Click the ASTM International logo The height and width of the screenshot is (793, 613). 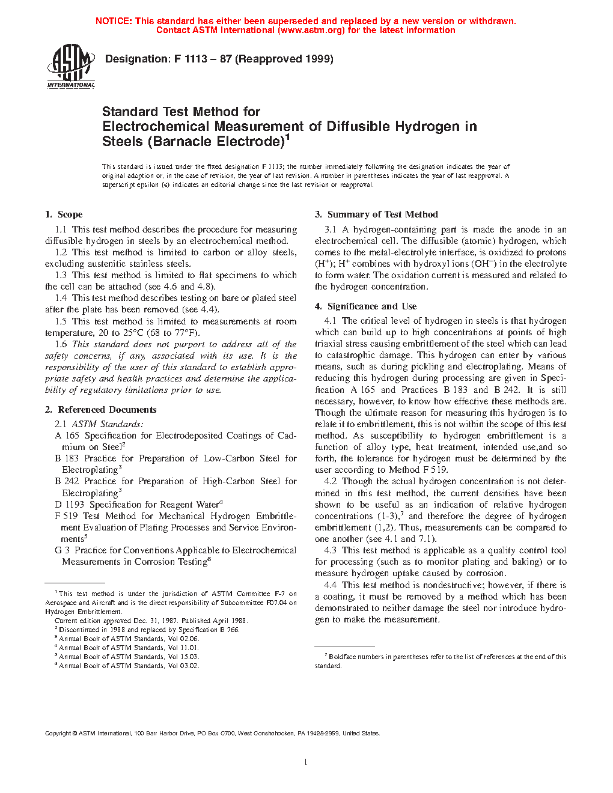[70, 67]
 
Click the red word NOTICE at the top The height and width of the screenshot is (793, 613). [114, 21]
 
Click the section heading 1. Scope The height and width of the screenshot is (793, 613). [64, 214]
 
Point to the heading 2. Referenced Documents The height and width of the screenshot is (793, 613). [100, 410]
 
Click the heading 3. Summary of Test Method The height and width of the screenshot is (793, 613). [376, 214]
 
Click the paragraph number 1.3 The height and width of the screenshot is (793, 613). [61, 275]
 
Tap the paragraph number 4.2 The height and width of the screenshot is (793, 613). [330, 481]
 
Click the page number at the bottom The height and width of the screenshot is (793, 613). [306, 762]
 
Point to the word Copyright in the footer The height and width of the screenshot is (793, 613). [58, 733]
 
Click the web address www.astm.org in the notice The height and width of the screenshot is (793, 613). [311, 30]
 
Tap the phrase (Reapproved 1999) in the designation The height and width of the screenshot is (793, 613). [284, 59]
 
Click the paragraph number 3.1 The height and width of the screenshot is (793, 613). [330, 229]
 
